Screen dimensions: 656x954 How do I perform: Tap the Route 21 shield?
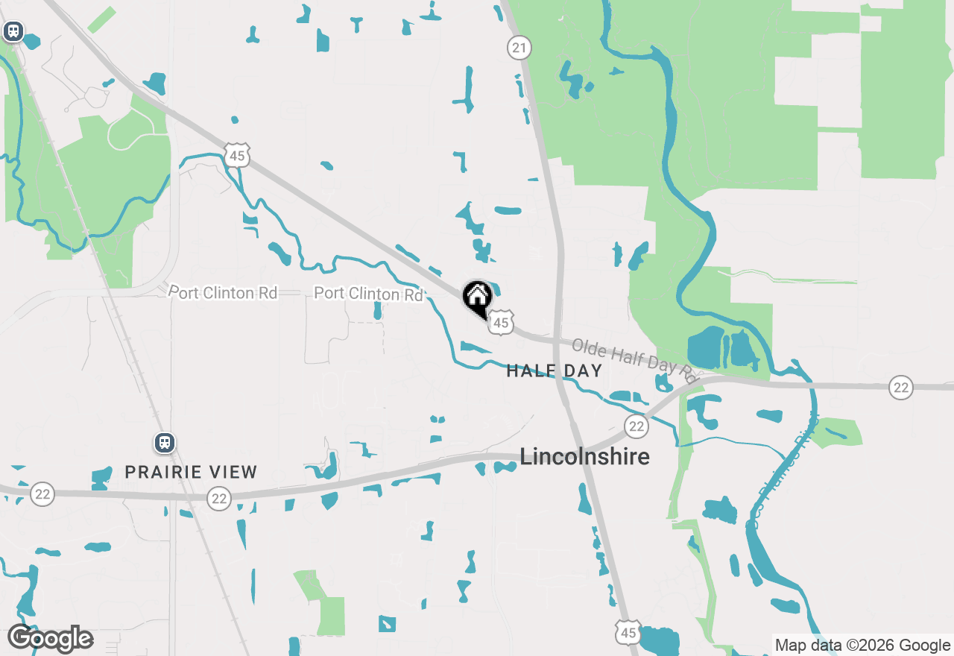(x=519, y=48)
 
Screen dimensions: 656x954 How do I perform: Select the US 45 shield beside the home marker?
(x=502, y=322)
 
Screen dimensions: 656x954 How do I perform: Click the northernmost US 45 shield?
(x=237, y=156)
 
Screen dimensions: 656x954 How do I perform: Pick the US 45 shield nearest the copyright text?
(x=628, y=633)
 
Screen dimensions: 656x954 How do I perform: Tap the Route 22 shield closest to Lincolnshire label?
(x=636, y=426)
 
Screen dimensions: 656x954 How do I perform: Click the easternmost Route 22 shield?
(x=901, y=387)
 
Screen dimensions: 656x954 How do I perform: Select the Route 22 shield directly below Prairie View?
(x=219, y=498)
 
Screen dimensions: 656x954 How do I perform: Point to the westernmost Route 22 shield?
(x=42, y=493)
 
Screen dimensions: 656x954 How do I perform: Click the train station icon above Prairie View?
(x=165, y=443)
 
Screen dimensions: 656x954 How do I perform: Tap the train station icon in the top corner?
(x=13, y=31)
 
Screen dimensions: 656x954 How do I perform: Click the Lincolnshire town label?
(x=584, y=456)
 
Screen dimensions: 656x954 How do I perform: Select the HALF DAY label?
(x=554, y=370)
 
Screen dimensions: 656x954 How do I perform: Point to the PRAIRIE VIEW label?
(x=191, y=472)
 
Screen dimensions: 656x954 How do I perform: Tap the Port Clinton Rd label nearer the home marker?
(x=368, y=294)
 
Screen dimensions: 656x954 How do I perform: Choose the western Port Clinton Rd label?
(x=223, y=292)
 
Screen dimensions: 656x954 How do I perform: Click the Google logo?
(x=50, y=638)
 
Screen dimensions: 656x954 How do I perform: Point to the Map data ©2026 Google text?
(x=862, y=645)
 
